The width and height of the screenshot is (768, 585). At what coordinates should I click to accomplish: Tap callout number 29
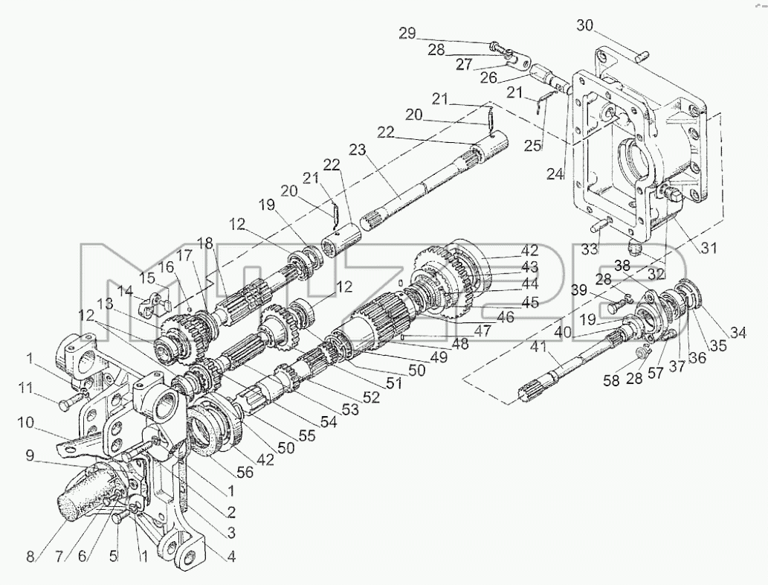pos(407,33)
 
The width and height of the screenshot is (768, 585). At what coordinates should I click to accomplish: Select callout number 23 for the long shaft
pos(358,150)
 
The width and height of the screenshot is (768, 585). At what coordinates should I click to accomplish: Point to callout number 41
pos(541,347)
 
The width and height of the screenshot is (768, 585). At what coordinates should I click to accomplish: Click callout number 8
pos(31,557)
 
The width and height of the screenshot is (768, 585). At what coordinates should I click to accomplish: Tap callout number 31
pos(709,248)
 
